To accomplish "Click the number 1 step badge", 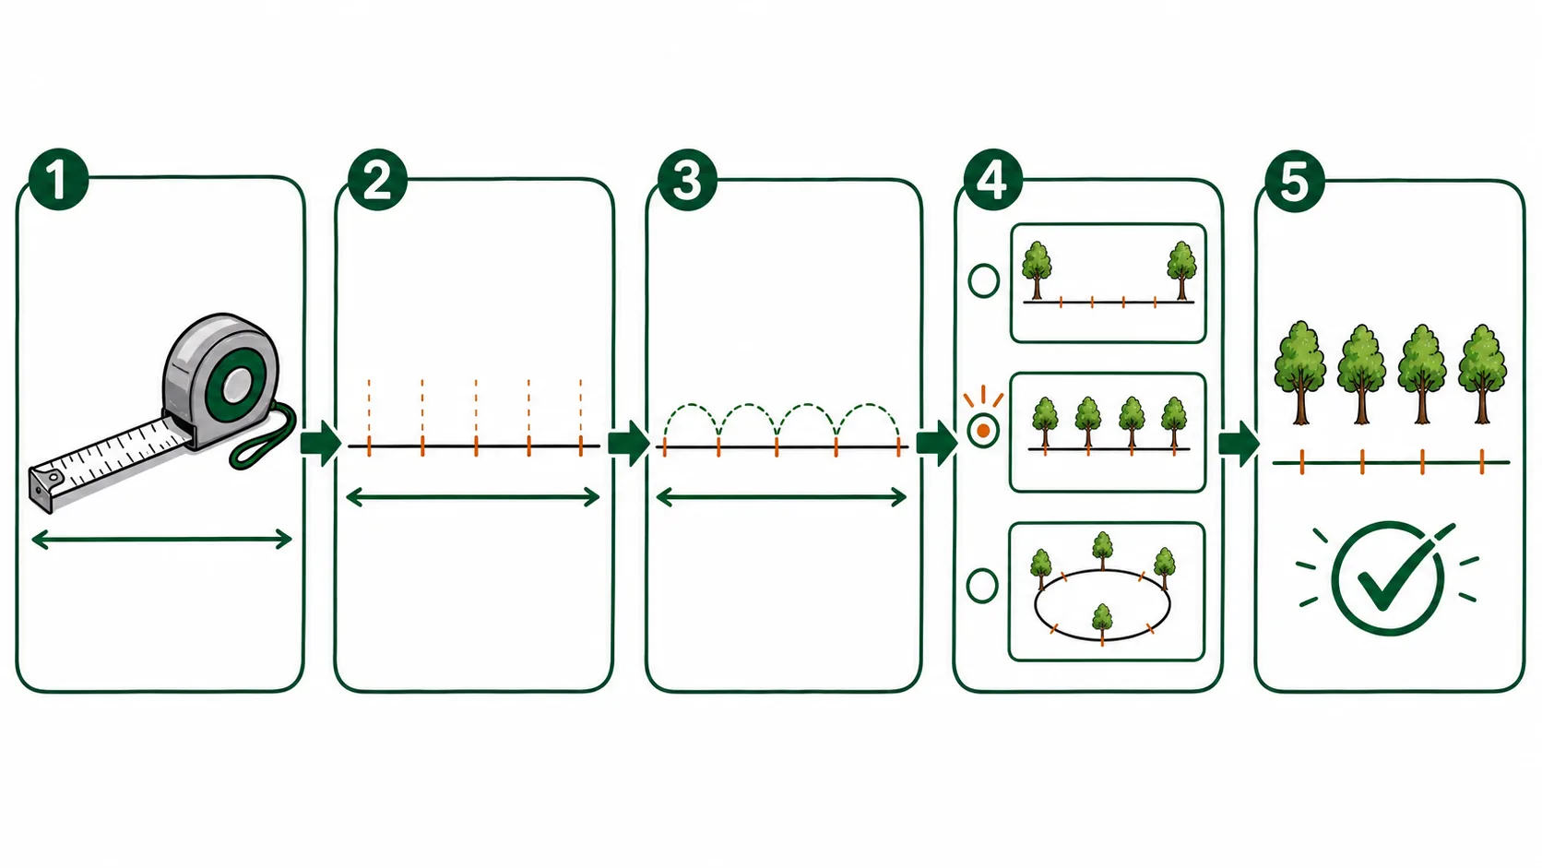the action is (x=58, y=179).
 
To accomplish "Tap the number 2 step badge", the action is (x=377, y=180).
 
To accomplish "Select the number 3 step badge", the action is (x=687, y=181).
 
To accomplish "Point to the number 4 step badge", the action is (x=992, y=181).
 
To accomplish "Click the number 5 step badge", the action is (x=1294, y=181).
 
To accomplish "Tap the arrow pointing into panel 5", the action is (x=1240, y=444).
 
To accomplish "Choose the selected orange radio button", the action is (x=983, y=431).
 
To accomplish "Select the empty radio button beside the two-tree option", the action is (x=984, y=280).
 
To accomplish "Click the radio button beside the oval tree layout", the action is (x=982, y=586).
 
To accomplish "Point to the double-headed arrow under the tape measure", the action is (x=161, y=539).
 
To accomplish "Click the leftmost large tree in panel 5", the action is (x=1299, y=373).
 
